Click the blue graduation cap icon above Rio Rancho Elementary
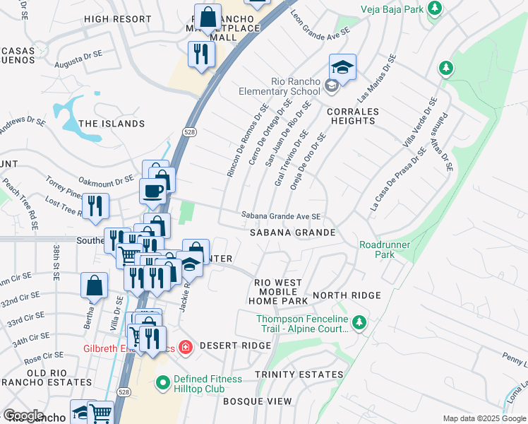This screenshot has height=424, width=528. [342, 67]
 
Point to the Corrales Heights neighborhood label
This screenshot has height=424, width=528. [352, 116]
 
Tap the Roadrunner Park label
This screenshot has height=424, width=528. [385, 249]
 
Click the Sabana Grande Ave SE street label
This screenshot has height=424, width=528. [281, 216]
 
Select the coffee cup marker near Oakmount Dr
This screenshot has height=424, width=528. [152, 190]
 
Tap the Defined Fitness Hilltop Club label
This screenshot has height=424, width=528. [208, 384]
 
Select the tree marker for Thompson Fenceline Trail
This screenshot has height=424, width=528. [359, 324]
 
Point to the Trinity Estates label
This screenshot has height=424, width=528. [299, 375]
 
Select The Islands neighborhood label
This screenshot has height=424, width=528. [112, 124]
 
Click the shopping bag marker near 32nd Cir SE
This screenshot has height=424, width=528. [95, 286]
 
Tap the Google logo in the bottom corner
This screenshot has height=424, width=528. [23, 416]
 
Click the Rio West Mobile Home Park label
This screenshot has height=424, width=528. [278, 291]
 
